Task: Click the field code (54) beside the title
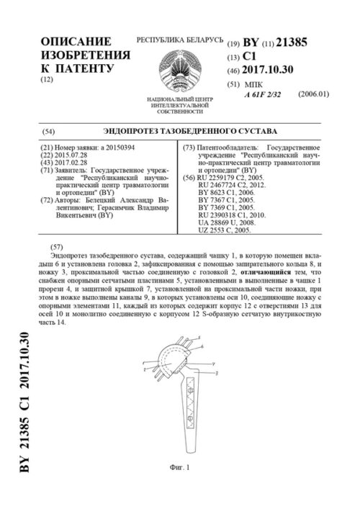click(x=49, y=132)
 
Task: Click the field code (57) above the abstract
click(x=49, y=246)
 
